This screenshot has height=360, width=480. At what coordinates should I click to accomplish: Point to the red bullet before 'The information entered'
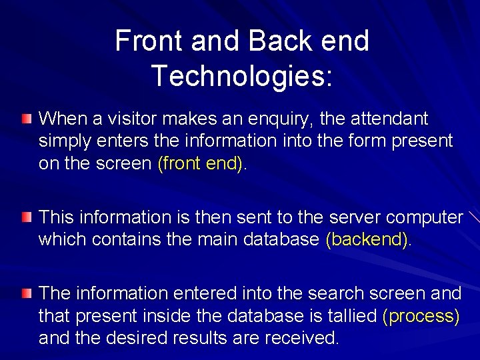tap(25, 293)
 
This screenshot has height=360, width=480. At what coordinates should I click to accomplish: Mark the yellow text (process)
tap(421, 317)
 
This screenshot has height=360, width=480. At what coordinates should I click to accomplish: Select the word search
tap(311, 293)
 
